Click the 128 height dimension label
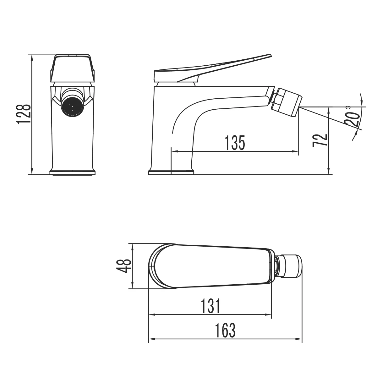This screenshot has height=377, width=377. [x=24, y=114]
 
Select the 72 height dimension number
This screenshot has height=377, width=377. [x=320, y=140]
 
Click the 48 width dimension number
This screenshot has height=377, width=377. [x=124, y=266]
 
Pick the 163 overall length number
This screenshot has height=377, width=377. [x=225, y=330]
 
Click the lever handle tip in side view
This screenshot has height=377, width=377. [x=265, y=57]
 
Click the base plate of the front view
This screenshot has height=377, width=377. [x=72, y=172]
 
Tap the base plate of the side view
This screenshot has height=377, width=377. [x=171, y=172]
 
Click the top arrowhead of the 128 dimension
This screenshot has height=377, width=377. [x=32, y=57]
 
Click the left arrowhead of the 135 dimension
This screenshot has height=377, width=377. [x=174, y=152]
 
